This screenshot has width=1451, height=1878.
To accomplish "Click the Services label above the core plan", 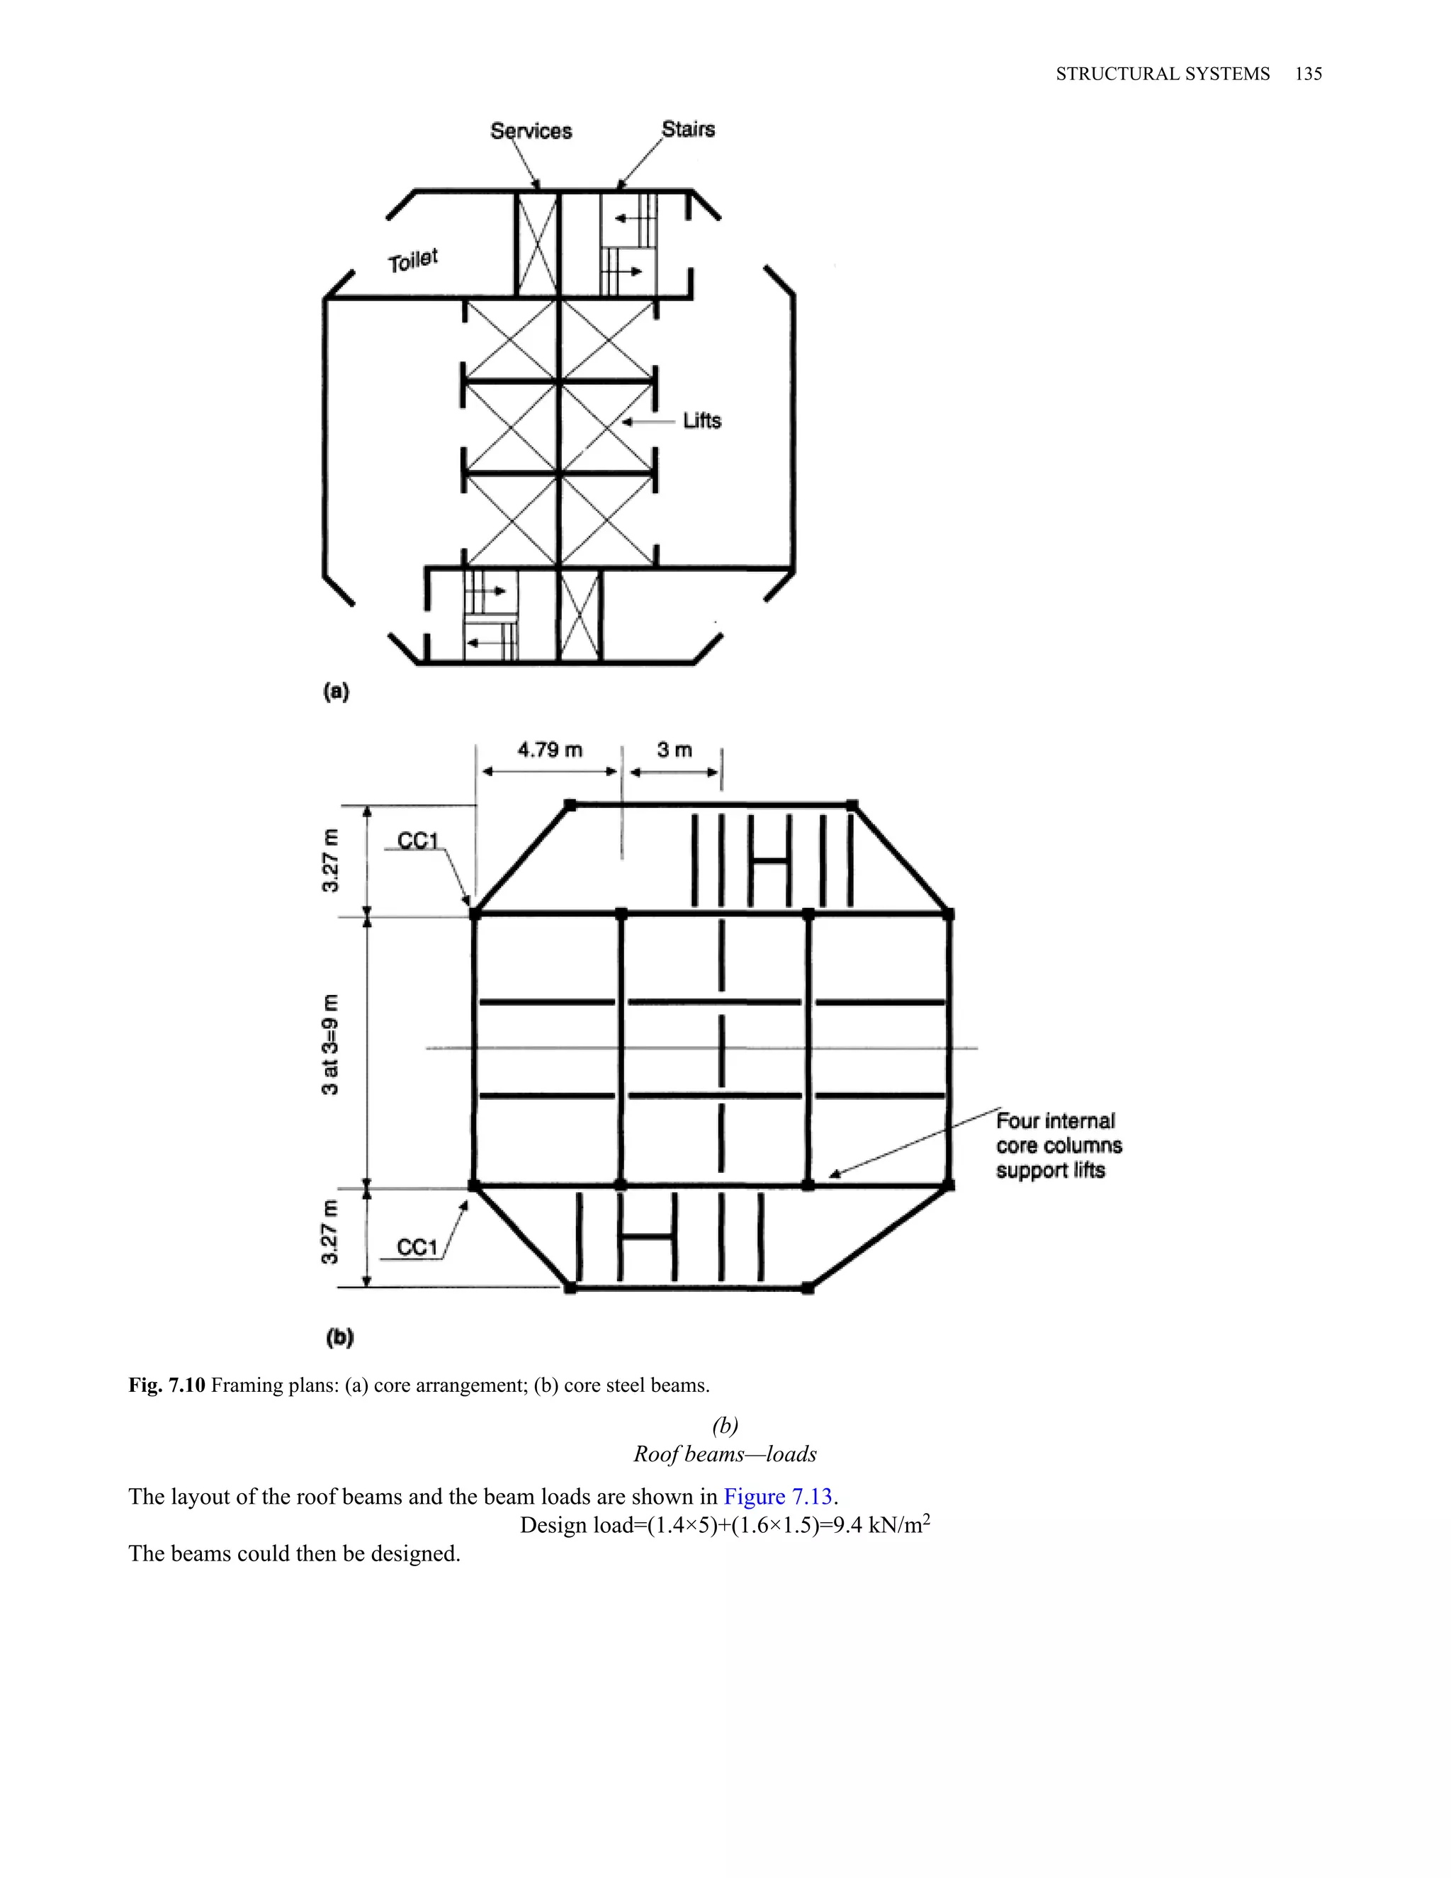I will [x=531, y=130].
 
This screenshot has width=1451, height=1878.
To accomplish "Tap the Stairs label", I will [x=688, y=129].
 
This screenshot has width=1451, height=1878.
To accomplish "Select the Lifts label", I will [x=701, y=420].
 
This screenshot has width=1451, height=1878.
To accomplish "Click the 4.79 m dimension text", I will [x=549, y=750].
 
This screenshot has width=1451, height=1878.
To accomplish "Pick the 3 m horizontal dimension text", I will [x=674, y=750].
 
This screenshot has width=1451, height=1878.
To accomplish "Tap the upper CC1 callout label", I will [x=419, y=841].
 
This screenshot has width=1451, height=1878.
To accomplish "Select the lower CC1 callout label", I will [x=418, y=1248].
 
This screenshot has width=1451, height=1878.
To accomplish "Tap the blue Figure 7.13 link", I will [x=779, y=1497].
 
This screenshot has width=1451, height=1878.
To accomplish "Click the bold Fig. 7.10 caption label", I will [x=166, y=1385].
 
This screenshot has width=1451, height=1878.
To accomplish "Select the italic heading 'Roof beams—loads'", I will [x=725, y=1454].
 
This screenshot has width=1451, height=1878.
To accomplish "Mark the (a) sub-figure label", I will [x=335, y=692].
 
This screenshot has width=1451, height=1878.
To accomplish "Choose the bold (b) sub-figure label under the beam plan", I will [x=339, y=1337].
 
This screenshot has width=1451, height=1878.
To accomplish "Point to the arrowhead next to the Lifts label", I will [x=626, y=422].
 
